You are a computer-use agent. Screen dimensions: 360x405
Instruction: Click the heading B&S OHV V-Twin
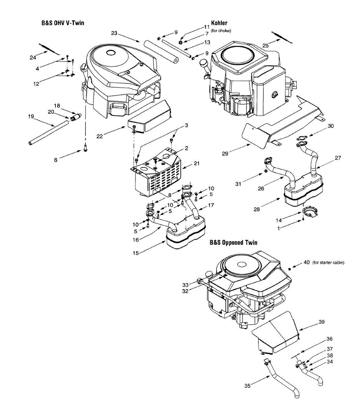[x=63, y=23]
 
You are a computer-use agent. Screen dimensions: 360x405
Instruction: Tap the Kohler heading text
[x=219, y=23]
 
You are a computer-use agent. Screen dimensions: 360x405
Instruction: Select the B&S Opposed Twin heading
[x=233, y=242]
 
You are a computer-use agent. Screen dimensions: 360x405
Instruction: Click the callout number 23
[x=114, y=33]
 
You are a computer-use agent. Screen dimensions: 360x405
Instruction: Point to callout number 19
[x=31, y=116]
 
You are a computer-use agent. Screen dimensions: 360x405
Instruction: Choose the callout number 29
[x=225, y=154]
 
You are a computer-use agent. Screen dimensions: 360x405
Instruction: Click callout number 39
[x=322, y=322]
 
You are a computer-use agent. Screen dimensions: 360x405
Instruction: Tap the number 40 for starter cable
[x=307, y=262]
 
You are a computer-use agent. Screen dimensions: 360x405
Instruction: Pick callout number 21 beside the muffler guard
[x=197, y=163]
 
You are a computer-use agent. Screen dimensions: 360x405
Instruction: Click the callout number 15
[x=136, y=253]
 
